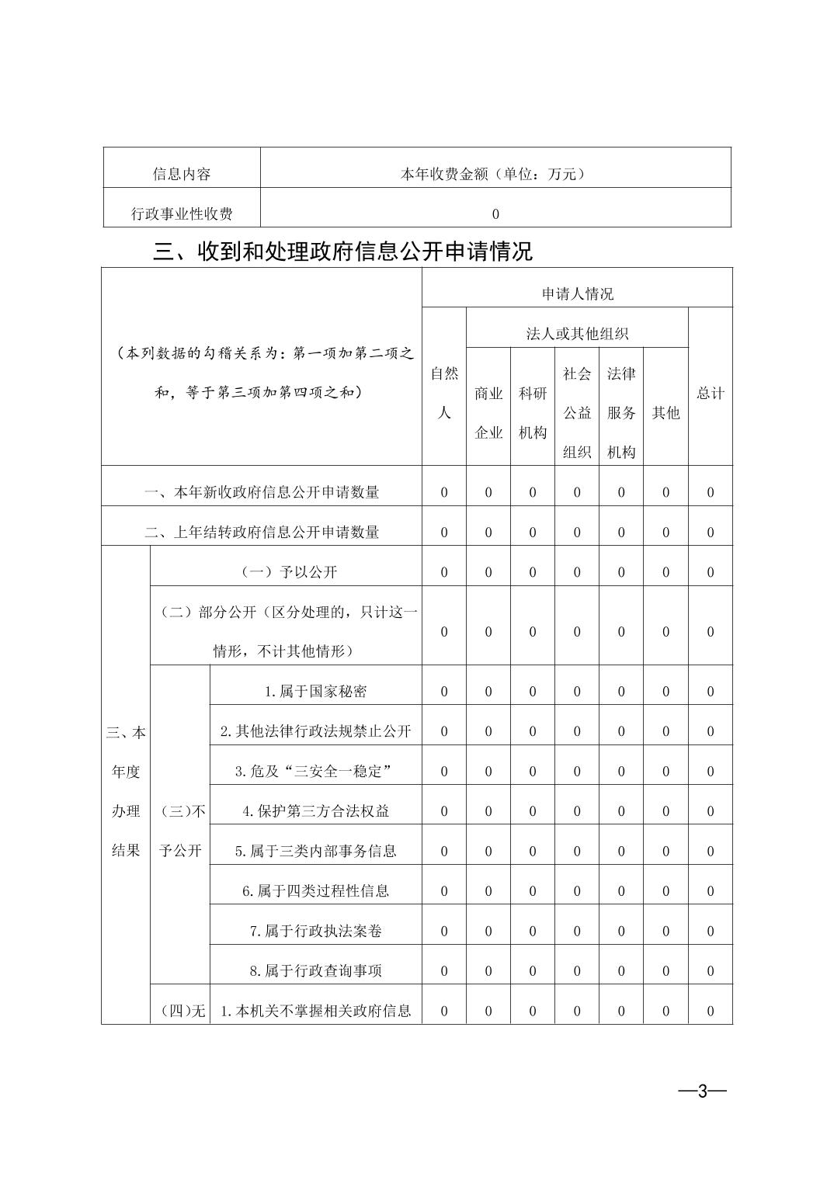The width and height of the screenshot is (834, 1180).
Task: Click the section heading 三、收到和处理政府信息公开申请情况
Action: [x=342, y=252]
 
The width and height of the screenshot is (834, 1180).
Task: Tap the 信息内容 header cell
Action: [x=182, y=174]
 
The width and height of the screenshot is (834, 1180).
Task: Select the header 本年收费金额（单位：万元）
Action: [x=495, y=174]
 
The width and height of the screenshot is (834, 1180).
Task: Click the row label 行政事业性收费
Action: [x=182, y=213]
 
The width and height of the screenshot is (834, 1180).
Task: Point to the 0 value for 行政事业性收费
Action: [x=495, y=213]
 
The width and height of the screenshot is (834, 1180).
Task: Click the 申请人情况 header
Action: [x=577, y=293]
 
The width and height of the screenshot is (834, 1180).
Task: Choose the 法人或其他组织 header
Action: [x=577, y=334]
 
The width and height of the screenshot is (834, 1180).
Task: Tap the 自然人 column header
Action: [x=444, y=393]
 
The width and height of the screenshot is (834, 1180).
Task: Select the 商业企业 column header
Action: [x=488, y=413]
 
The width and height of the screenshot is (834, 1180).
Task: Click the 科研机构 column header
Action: [x=533, y=413]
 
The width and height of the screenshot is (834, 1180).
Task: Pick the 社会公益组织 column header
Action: [x=577, y=413]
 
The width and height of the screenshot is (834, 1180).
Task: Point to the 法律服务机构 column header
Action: [x=621, y=413]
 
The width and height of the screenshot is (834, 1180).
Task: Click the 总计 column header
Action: [x=710, y=393]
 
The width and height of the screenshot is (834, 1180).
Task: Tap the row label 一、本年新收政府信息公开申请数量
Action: [x=262, y=492]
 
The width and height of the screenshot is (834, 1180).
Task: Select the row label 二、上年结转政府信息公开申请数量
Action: [x=262, y=532]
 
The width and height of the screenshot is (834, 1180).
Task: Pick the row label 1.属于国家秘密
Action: [x=315, y=692]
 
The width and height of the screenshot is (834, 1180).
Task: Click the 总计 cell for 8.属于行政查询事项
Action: [x=710, y=971]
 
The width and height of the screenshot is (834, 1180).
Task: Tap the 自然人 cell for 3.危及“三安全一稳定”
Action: [x=444, y=772]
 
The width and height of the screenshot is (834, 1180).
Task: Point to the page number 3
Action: [x=702, y=1091]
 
